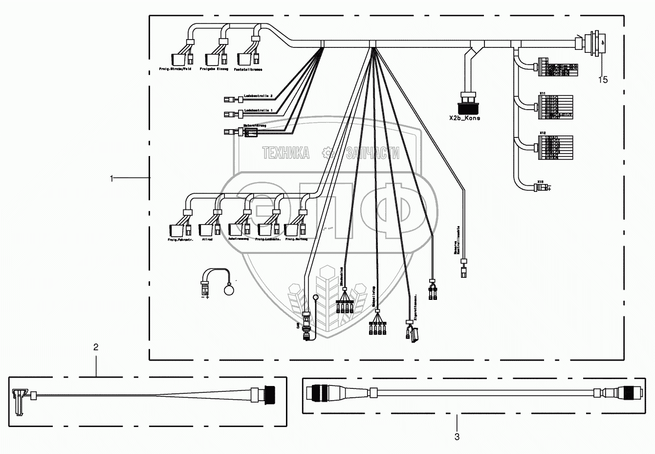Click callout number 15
[x=604, y=80]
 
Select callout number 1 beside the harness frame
[x=112, y=179]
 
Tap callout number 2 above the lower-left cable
[x=96, y=347]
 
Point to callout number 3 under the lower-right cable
[x=457, y=437]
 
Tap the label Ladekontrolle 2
[x=258, y=96]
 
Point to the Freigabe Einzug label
[x=215, y=69]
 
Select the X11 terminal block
[x=557, y=106]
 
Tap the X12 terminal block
[x=557, y=147]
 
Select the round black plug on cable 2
[x=268, y=394]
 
